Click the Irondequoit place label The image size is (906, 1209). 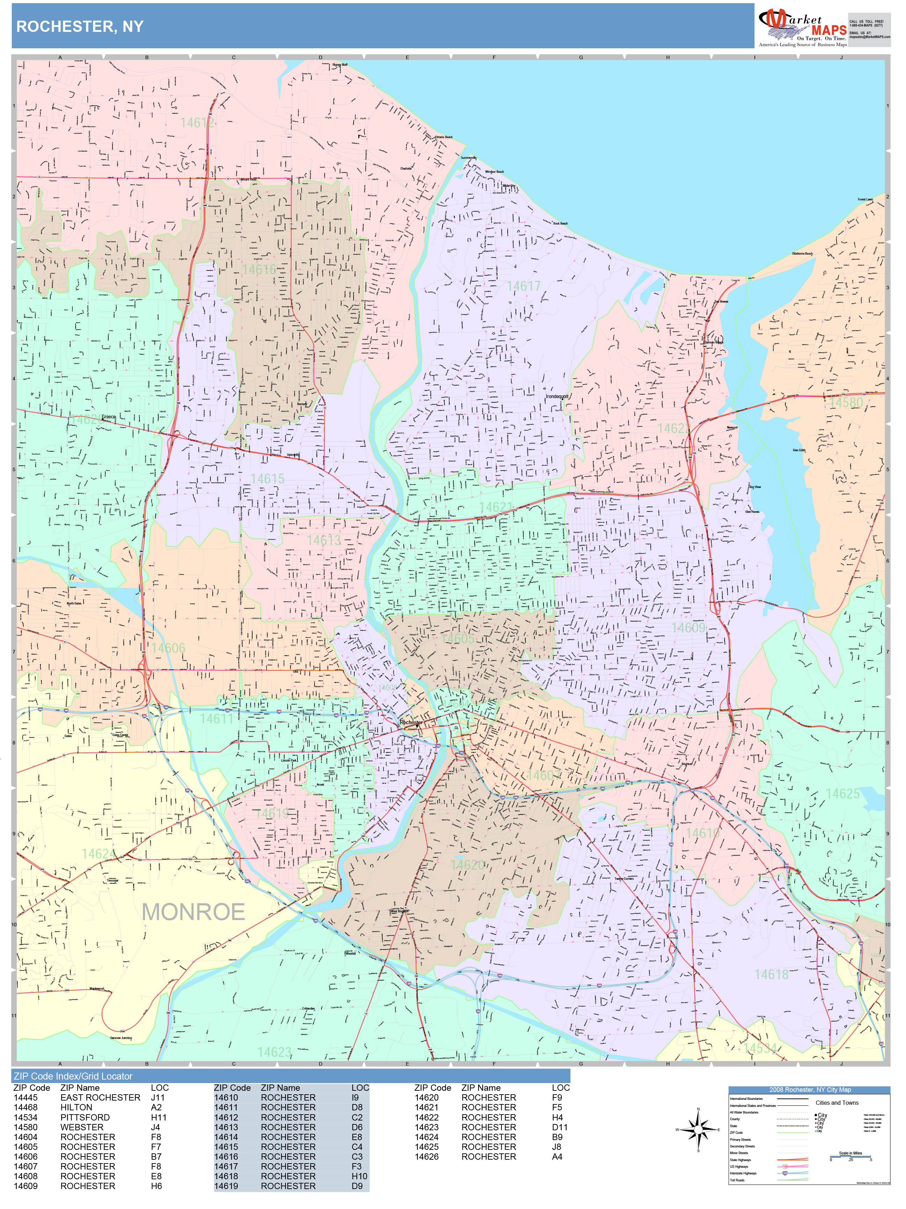557,397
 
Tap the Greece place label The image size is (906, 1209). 109,417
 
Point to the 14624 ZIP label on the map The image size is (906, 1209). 98,854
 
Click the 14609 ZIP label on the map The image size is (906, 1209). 688,628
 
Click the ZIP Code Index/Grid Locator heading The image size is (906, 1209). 73,1076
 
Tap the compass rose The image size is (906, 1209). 698,1129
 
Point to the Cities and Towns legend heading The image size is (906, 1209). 837,1102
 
